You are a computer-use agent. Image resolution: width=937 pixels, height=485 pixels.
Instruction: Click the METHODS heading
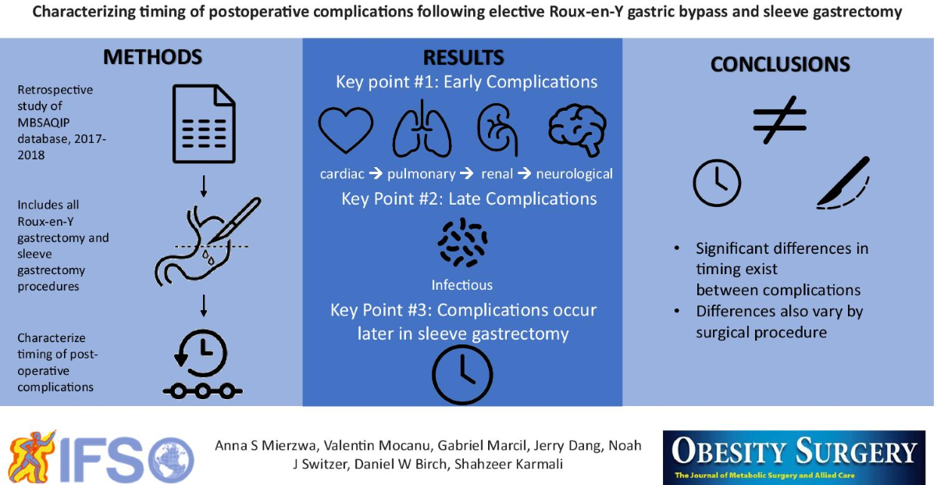click(x=152, y=57)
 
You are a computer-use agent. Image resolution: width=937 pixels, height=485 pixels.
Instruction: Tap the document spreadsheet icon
click(x=204, y=124)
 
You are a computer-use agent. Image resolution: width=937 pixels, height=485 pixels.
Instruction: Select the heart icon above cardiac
click(x=345, y=130)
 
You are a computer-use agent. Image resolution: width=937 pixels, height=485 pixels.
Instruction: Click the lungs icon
click(x=422, y=129)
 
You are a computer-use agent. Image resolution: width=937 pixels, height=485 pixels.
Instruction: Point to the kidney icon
click(x=497, y=130)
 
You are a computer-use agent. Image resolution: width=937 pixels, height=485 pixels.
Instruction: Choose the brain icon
click(x=578, y=130)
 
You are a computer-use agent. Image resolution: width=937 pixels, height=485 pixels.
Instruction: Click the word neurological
click(x=575, y=173)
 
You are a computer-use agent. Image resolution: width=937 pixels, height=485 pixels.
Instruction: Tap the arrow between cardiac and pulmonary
click(x=376, y=173)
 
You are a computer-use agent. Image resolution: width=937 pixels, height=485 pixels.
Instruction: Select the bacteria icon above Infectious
click(x=462, y=242)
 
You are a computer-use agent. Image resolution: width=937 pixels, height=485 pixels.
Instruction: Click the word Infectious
click(x=461, y=285)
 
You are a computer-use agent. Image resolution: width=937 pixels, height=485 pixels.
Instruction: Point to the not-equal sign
click(x=779, y=119)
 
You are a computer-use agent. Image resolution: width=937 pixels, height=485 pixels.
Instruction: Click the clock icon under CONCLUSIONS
click(x=717, y=183)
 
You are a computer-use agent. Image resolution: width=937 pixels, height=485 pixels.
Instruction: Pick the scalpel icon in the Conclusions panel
click(x=843, y=183)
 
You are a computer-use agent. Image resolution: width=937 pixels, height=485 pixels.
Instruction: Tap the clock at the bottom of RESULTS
click(x=462, y=374)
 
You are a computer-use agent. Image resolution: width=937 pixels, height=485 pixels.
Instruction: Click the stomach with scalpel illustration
click(x=208, y=242)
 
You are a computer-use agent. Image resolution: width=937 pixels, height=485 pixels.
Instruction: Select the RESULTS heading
click(x=463, y=58)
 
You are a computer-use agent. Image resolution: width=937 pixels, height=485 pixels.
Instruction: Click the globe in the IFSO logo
click(x=171, y=460)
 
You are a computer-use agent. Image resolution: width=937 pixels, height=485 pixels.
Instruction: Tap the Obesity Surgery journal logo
click(x=794, y=458)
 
